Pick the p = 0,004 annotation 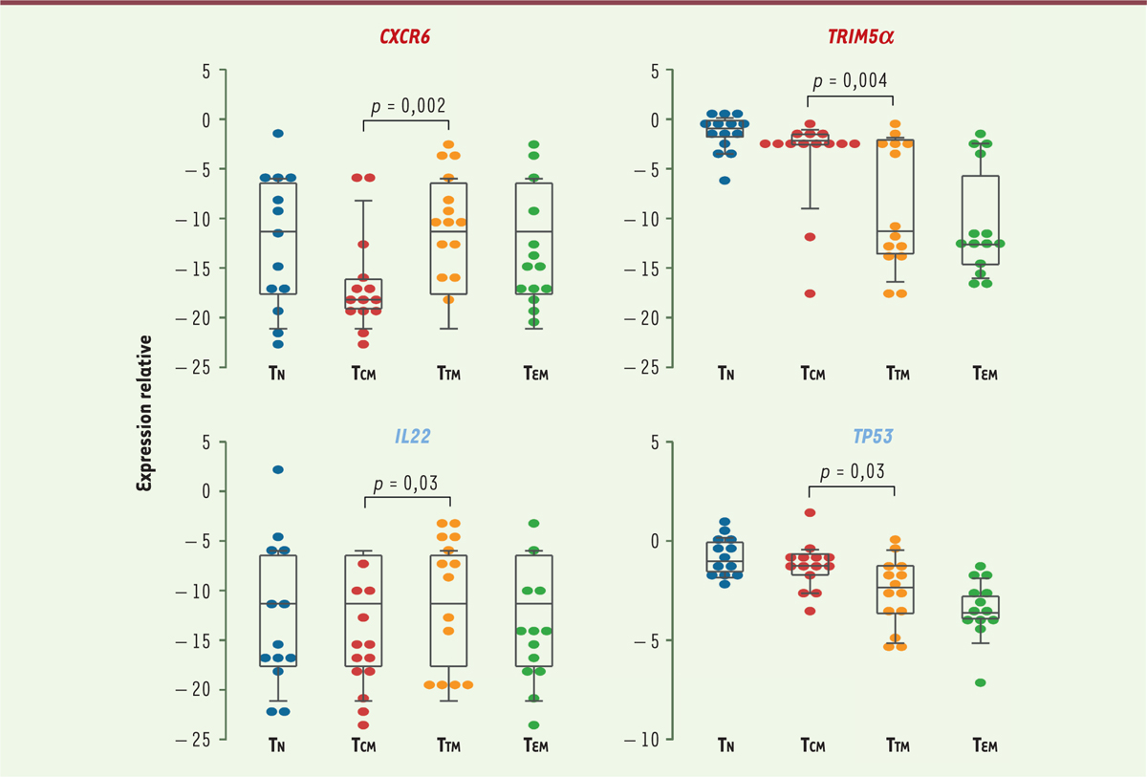pyautogui.click(x=851, y=79)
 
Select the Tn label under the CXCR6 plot pyautogui.click(x=278, y=374)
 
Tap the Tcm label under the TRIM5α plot pyautogui.click(x=811, y=374)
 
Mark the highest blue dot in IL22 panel pyautogui.click(x=278, y=470)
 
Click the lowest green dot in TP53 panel pyautogui.click(x=980, y=682)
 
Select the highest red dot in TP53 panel pyautogui.click(x=810, y=513)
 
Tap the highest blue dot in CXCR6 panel pyautogui.click(x=278, y=134)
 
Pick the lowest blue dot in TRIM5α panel pyautogui.click(x=725, y=180)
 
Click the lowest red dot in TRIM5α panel pyautogui.click(x=810, y=293)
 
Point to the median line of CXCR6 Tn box pyautogui.click(x=278, y=231)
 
